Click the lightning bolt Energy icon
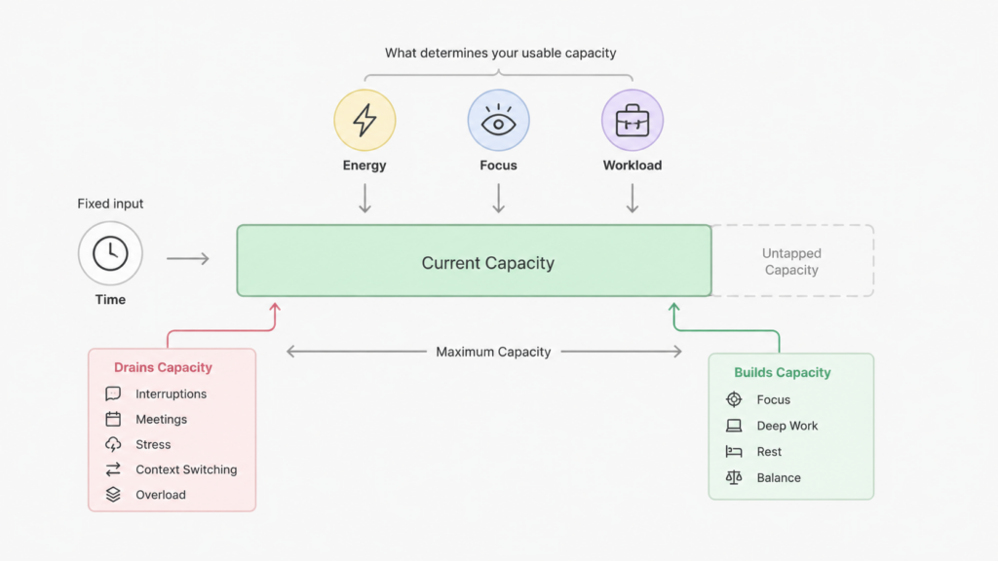(x=365, y=120)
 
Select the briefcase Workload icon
(x=632, y=120)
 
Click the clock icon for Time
(x=110, y=253)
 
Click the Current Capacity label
(x=487, y=263)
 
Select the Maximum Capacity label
(x=493, y=352)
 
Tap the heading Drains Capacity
(x=163, y=367)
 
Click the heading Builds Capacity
(x=783, y=373)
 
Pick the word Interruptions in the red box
(x=172, y=393)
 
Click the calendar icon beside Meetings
(x=113, y=419)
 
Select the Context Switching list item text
(x=186, y=469)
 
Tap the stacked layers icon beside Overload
(x=113, y=494)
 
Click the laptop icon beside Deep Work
(x=734, y=426)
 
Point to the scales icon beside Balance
(x=734, y=477)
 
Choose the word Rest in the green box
(x=769, y=452)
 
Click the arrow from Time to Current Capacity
(x=188, y=258)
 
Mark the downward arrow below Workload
(x=632, y=199)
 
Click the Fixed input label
(x=110, y=204)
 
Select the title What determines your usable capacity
(x=500, y=53)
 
